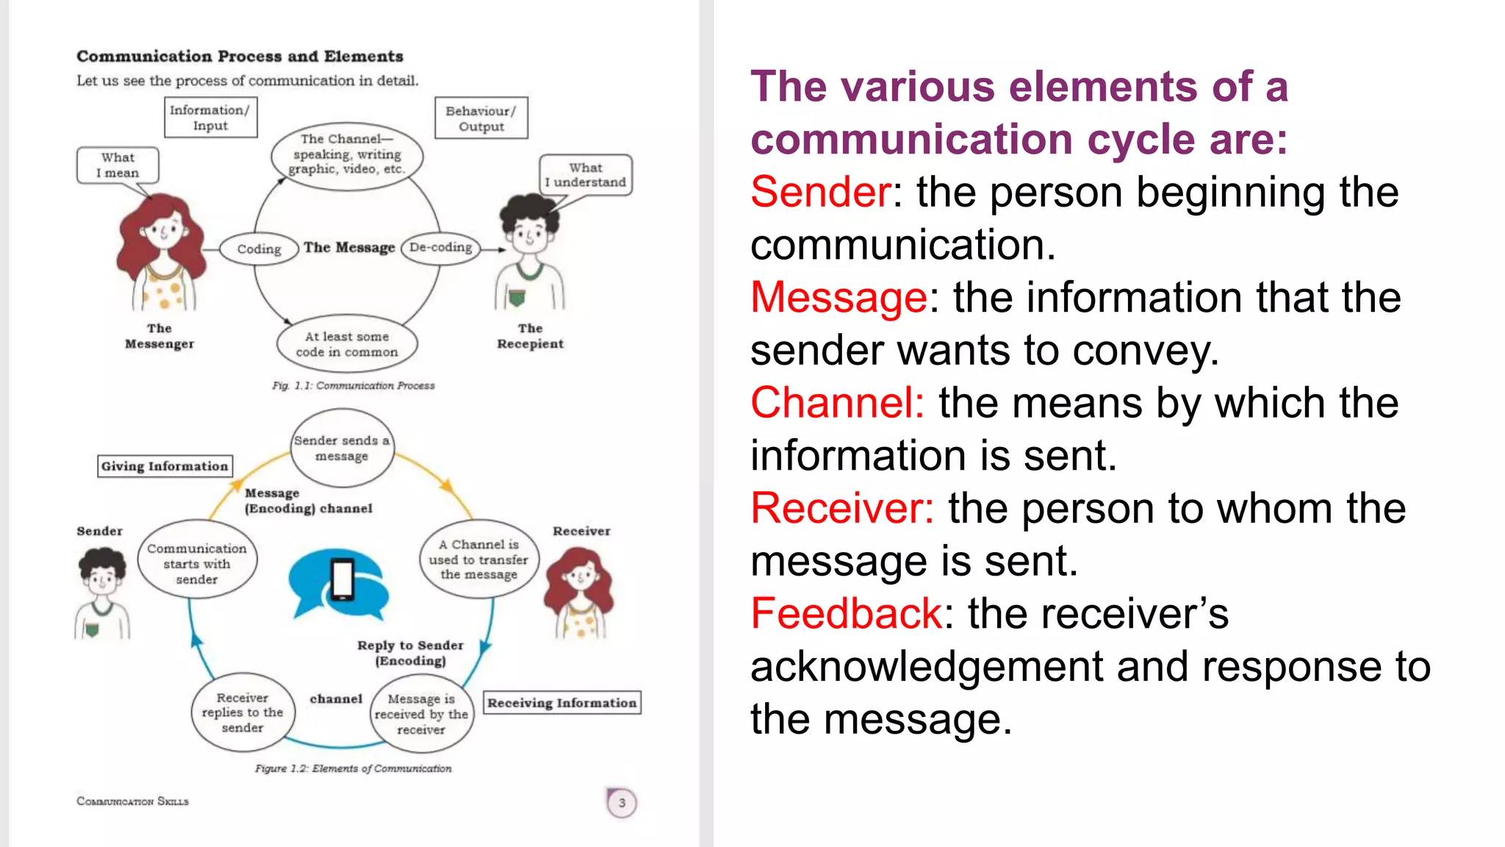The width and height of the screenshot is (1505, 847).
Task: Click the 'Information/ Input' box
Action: pos(210,118)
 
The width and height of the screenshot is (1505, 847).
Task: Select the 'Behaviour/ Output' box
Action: pos(481,118)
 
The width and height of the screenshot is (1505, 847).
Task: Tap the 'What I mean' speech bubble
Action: pos(118,165)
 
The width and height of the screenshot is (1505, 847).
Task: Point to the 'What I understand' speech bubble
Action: pos(586,175)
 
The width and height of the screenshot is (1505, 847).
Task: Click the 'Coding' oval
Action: pos(259,249)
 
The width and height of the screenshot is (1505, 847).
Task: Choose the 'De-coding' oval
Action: pos(441,248)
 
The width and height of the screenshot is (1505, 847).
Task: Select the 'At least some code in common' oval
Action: pos(347,344)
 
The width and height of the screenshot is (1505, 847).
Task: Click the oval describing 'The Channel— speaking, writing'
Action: pos(347,154)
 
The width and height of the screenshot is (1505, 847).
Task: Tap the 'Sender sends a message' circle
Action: pos(342,448)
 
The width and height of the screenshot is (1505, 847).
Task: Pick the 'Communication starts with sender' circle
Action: pos(197,564)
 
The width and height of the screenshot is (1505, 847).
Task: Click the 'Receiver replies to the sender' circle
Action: pos(243,712)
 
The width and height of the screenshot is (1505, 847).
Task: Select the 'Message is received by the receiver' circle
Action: pos(421,714)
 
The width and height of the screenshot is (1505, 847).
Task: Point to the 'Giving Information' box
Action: pos(165,466)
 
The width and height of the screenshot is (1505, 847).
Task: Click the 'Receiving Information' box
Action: pos(562,703)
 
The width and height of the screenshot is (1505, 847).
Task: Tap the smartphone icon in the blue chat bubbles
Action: pos(342,580)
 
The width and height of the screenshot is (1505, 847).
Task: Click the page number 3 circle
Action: pos(622,803)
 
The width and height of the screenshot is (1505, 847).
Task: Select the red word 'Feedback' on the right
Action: pos(846,614)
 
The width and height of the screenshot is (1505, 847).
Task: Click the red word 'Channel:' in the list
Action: pos(837,403)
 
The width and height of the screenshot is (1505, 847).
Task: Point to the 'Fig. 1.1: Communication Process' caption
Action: pos(353,385)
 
